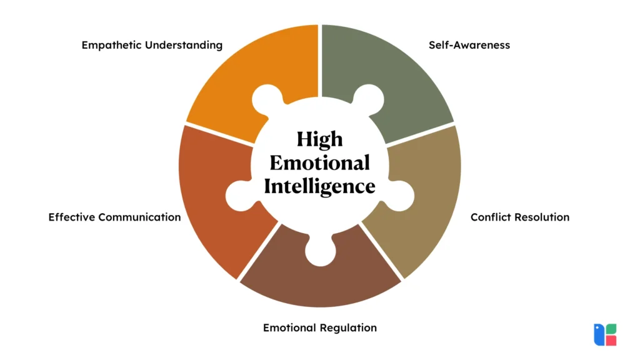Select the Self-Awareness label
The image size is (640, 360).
[x=469, y=45]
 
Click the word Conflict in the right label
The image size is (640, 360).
[x=490, y=217]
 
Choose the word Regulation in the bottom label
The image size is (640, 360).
[x=349, y=327]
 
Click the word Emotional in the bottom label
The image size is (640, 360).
[x=290, y=327]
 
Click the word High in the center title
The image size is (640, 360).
[x=319, y=139]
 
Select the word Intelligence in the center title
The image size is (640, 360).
[x=319, y=186]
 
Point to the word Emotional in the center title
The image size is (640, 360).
[x=319, y=163]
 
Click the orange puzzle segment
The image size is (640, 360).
[x=250, y=69]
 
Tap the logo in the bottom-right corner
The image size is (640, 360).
[x=605, y=334]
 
